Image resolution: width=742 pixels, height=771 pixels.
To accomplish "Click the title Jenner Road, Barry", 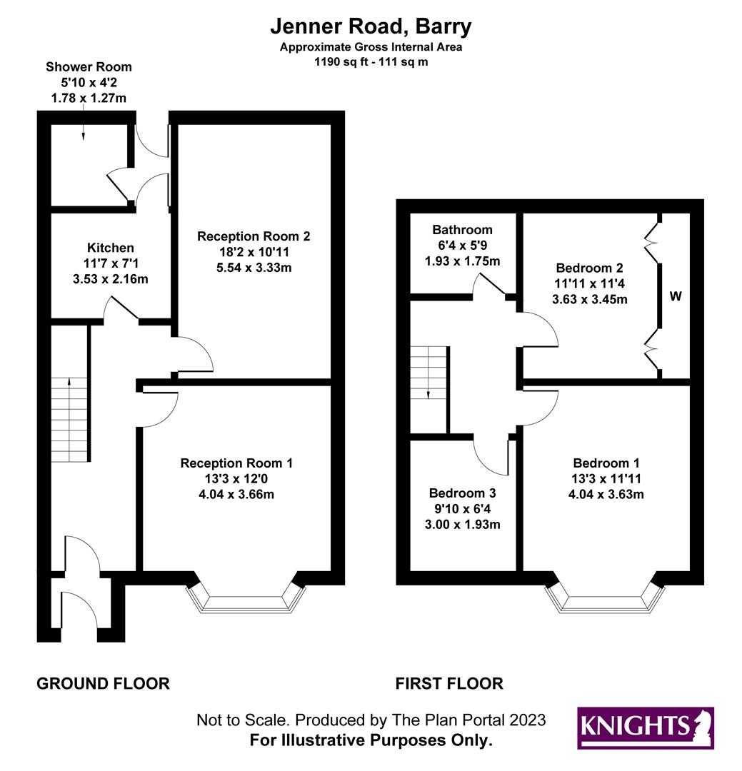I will (x=371, y=27).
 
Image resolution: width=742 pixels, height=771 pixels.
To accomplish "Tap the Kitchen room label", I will (x=111, y=248).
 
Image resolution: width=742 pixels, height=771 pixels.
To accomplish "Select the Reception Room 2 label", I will (x=254, y=236).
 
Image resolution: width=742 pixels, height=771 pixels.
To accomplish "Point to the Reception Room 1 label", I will (x=236, y=463).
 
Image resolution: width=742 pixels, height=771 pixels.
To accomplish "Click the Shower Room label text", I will (x=89, y=67).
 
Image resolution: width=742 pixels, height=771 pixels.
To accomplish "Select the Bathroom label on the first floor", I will (x=462, y=230).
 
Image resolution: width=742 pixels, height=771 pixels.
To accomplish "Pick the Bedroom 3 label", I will (x=462, y=493).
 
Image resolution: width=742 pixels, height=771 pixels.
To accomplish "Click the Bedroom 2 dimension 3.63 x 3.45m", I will (x=590, y=299).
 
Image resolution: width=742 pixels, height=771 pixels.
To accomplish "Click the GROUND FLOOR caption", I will (x=103, y=684).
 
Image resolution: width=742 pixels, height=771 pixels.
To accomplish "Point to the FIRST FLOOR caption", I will (x=449, y=684).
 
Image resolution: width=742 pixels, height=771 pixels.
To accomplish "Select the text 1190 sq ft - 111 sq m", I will (x=371, y=62).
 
